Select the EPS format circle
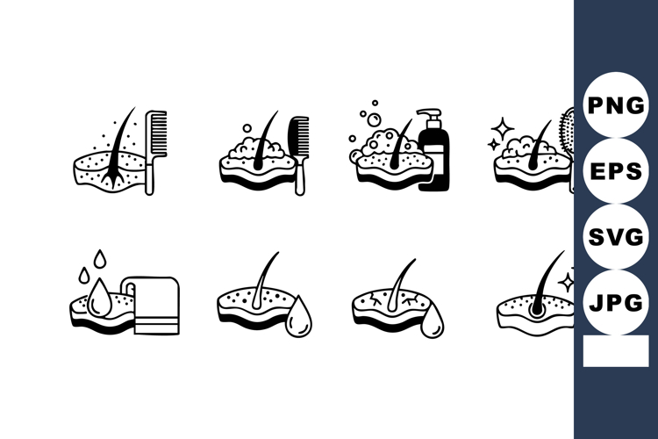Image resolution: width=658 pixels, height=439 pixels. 615,171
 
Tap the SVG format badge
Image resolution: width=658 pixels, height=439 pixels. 615,237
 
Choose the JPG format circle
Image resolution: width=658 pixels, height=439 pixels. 615,303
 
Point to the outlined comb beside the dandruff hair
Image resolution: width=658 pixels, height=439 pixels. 156,149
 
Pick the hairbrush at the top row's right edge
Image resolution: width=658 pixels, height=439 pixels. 568,140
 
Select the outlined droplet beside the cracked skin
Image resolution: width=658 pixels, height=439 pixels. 432,320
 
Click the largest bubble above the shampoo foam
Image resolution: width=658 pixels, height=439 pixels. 373,119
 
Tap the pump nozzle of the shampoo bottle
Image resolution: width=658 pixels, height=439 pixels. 427,114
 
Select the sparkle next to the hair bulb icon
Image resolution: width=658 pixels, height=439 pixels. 567,281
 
